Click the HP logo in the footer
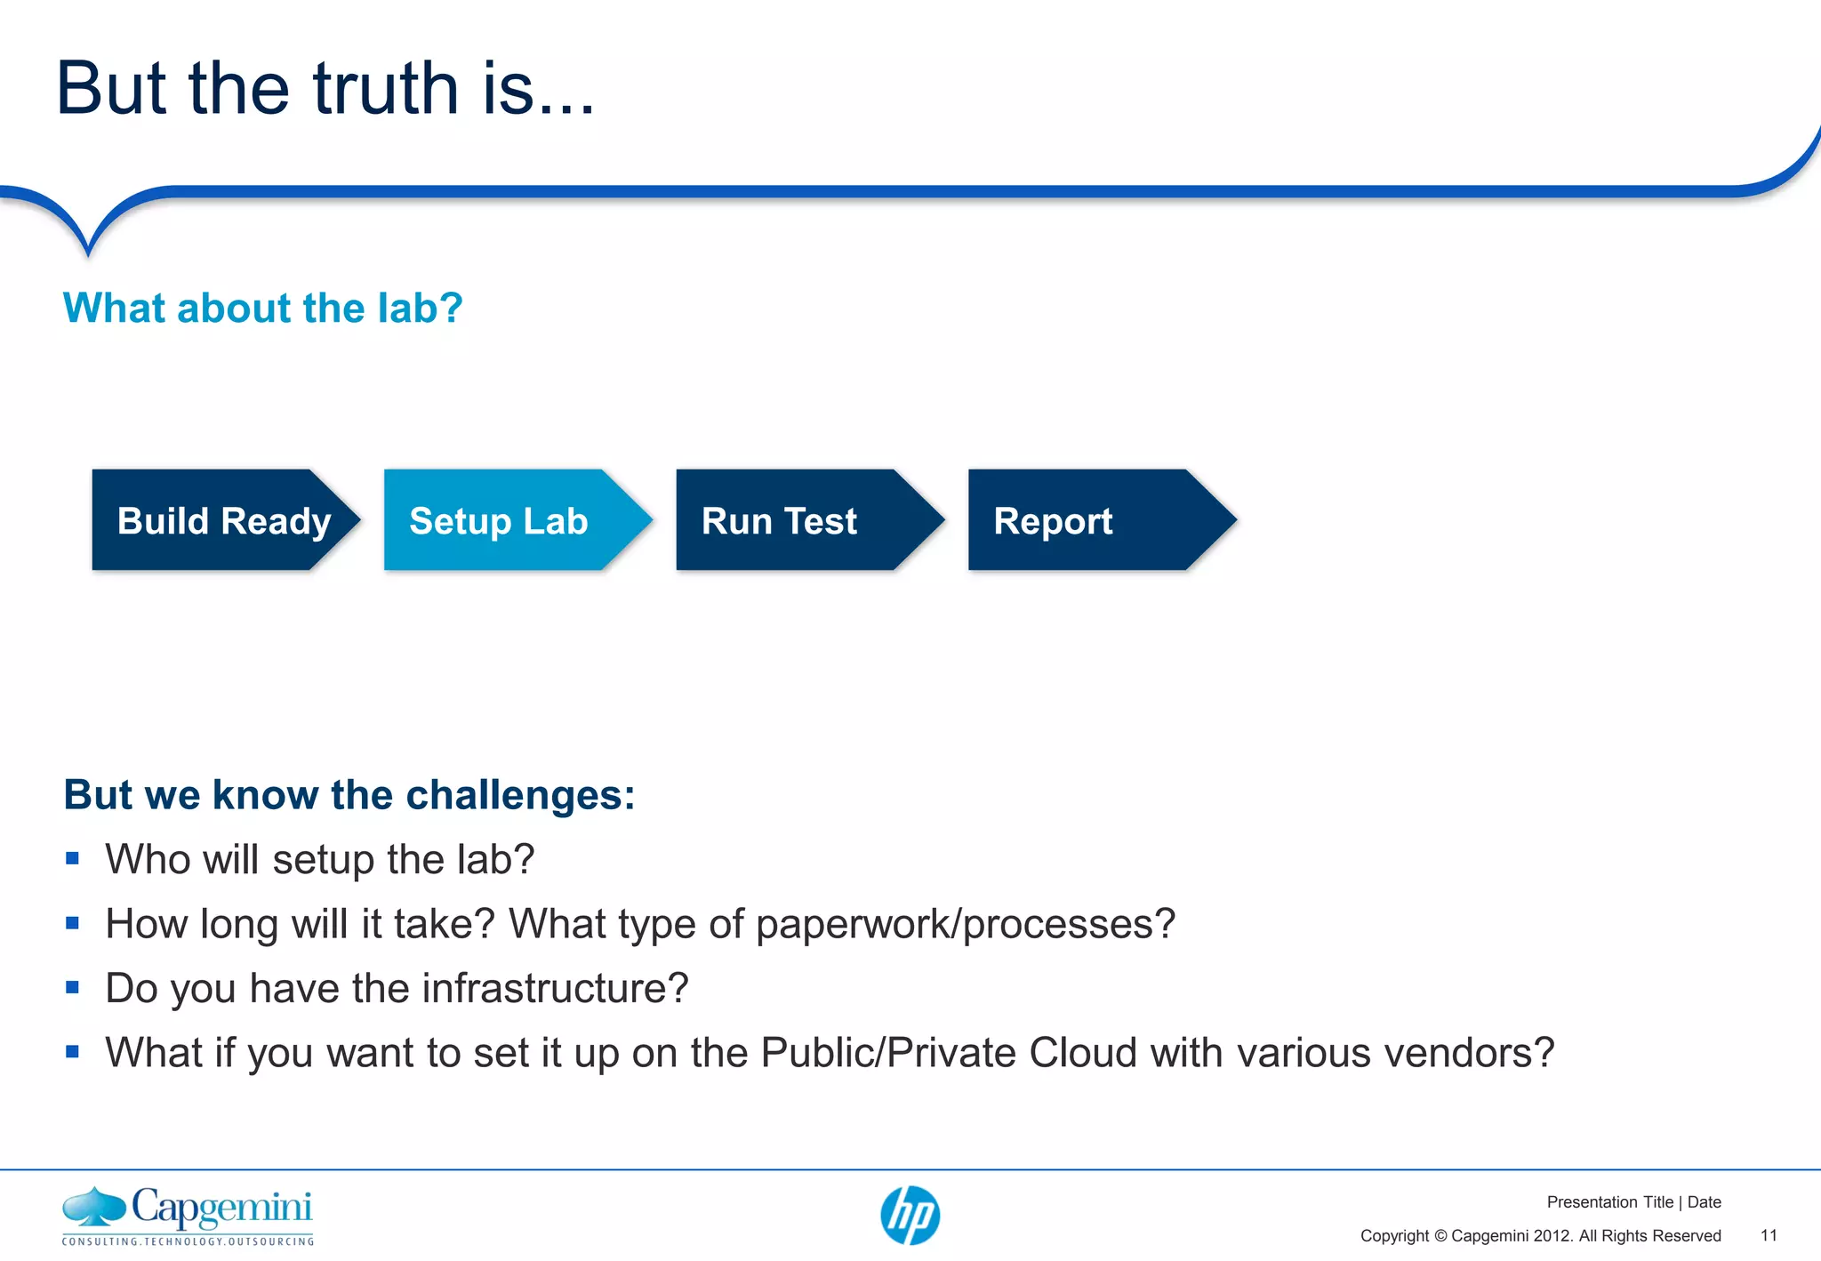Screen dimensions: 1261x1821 910,1216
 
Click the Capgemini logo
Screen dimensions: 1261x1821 188,1209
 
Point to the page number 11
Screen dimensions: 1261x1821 1769,1236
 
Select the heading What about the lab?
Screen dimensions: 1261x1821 262,309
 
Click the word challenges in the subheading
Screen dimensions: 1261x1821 519,794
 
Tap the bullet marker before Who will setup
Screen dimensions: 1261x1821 73,859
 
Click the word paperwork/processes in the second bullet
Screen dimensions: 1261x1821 965,924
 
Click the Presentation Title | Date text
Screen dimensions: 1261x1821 1633,1202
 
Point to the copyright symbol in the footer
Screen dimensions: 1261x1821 1440,1236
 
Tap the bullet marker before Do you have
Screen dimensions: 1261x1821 73,988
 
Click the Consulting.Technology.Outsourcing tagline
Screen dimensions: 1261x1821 188,1241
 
